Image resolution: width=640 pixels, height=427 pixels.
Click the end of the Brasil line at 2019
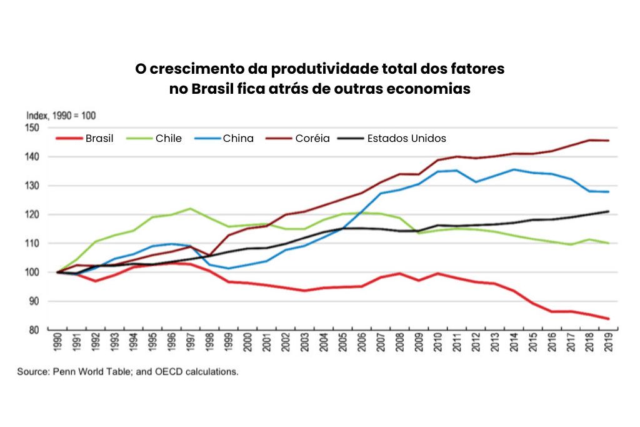pos(607,319)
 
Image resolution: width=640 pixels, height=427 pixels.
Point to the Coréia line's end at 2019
pos(607,141)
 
